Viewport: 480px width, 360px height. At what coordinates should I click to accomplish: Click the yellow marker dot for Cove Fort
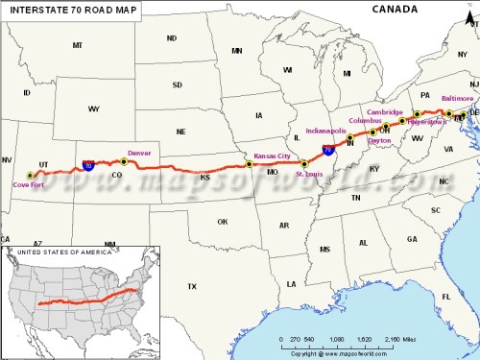(30, 175)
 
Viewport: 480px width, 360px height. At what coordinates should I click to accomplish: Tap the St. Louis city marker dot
(304, 164)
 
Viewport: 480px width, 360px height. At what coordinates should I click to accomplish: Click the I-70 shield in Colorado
(88, 165)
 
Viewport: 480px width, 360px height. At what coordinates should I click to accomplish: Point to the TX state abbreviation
(191, 286)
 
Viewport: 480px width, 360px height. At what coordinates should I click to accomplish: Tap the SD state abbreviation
(177, 84)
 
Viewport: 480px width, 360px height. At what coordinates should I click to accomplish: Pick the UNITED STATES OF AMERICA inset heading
(50, 252)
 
